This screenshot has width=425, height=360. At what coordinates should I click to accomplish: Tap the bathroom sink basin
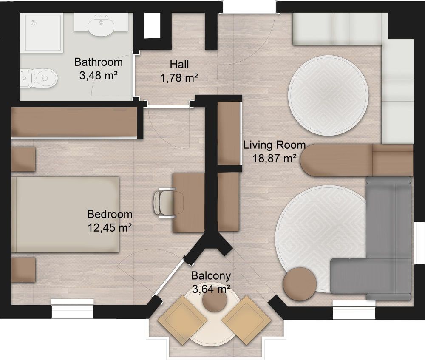(x=101, y=26)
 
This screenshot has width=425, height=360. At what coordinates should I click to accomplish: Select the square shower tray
(x=42, y=33)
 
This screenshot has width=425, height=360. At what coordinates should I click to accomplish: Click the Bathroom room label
(x=99, y=62)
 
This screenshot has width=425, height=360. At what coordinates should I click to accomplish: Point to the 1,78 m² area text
(x=179, y=78)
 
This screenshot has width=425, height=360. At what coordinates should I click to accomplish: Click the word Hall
(x=179, y=65)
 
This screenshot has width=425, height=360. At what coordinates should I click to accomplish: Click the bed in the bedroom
(x=65, y=215)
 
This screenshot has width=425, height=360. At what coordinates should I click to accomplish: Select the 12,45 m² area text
(x=110, y=228)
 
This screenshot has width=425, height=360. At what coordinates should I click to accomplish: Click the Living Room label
(x=275, y=145)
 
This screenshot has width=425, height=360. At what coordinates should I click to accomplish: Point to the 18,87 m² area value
(x=274, y=158)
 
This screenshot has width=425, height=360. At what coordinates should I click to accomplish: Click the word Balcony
(x=211, y=276)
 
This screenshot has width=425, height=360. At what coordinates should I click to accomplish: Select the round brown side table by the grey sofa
(x=300, y=284)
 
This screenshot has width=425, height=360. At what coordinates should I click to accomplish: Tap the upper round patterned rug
(x=328, y=96)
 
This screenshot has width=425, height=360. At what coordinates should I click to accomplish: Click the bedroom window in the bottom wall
(x=72, y=309)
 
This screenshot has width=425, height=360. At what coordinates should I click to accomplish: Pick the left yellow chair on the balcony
(x=182, y=320)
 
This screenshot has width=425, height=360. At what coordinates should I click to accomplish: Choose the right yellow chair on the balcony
(x=246, y=320)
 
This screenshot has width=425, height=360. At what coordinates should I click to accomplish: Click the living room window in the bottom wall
(x=354, y=309)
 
